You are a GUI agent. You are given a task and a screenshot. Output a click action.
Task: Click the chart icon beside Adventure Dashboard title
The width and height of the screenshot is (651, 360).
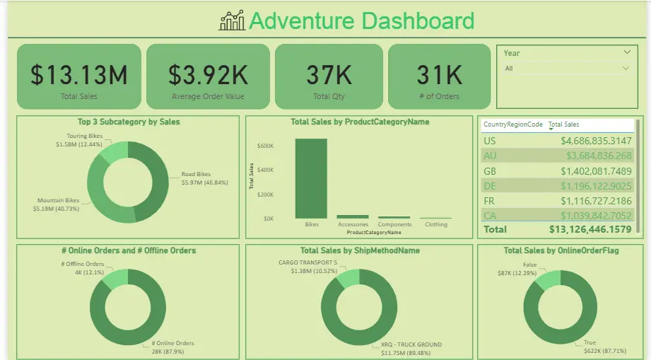pyautogui.click(x=233, y=21)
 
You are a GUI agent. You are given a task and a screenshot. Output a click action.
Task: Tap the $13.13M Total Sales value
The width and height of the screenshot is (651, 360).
pyautogui.click(x=78, y=74)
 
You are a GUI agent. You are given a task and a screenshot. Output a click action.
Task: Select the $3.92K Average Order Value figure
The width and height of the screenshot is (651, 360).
pyautogui.click(x=208, y=74)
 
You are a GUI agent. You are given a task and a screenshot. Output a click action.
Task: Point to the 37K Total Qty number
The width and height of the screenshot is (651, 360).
pyautogui.click(x=329, y=74)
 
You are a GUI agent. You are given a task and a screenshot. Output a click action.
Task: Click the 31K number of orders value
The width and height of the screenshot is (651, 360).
pyautogui.click(x=439, y=74)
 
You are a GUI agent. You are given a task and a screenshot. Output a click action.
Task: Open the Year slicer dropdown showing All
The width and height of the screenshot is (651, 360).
pyautogui.click(x=566, y=69)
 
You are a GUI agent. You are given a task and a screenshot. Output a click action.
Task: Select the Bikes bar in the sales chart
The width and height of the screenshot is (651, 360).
pyautogui.click(x=311, y=178)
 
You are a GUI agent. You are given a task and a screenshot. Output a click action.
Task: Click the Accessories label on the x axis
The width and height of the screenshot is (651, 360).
pyautogui.click(x=353, y=225)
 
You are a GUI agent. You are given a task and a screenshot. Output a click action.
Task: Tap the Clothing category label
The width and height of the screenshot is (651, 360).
pyautogui.click(x=436, y=225)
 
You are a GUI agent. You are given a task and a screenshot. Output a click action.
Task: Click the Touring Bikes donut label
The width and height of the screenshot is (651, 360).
pyautogui.click(x=85, y=136)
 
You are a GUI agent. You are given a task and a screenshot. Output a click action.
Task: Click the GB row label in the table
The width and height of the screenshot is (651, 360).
pyautogui.click(x=490, y=171)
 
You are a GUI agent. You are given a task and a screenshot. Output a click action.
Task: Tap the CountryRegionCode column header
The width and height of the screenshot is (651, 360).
pyautogui.click(x=513, y=124)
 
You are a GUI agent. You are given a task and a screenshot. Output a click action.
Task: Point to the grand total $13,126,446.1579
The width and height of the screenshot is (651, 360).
pyautogui.click(x=590, y=229)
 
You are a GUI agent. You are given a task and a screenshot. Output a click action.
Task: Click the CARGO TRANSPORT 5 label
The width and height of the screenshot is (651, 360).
pyautogui.click(x=308, y=263)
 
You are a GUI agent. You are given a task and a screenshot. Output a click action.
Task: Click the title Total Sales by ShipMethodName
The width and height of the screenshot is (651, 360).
pyautogui.click(x=360, y=250)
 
